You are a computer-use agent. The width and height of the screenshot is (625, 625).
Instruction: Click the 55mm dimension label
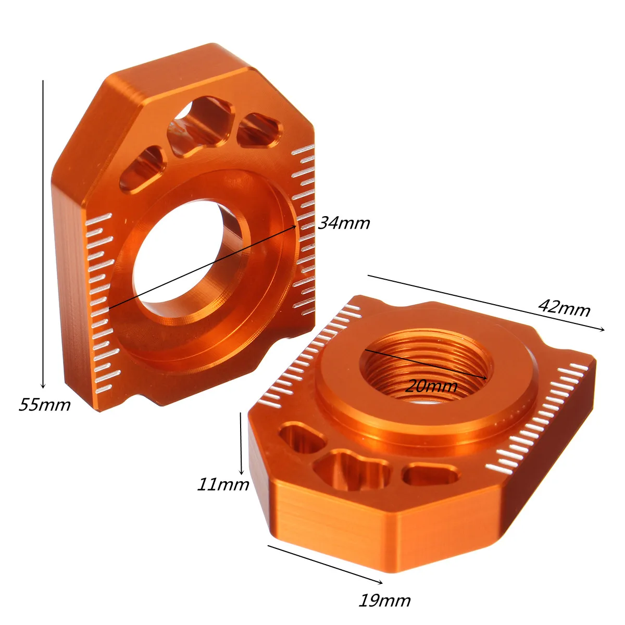click(45, 404)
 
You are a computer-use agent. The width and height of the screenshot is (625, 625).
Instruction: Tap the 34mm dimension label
click(344, 223)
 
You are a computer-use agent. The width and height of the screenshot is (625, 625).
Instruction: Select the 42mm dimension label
click(565, 308)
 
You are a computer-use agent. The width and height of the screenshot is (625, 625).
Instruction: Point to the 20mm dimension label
click(431, 386)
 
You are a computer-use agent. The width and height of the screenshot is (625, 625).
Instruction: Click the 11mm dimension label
click(223, 484)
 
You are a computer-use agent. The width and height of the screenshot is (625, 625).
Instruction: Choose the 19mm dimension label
click(384, 601)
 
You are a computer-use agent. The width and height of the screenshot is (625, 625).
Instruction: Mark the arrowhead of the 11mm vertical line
click(241, 470)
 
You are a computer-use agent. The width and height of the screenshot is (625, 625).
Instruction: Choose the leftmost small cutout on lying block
click(301, 439)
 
